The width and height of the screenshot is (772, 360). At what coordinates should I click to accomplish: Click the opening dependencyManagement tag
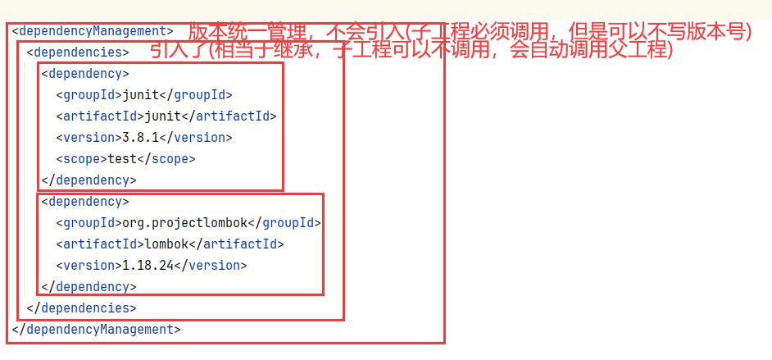coord(93,31)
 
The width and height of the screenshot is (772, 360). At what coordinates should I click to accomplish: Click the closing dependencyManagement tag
coord(96,330)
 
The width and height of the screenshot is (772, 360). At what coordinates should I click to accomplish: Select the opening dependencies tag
coord(78,52)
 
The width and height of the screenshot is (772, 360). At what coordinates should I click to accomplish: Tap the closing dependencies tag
coord(81,308)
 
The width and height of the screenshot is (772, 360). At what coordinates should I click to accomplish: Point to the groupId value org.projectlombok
coord(184,223)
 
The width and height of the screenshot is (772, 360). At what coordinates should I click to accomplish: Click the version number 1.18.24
coord(148,266)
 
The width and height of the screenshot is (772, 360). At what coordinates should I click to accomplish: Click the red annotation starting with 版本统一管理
coord(470,31)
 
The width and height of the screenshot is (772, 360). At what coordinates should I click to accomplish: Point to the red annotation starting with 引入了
coord(411,51)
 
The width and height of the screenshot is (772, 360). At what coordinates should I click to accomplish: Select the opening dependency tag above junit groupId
coord(85,74)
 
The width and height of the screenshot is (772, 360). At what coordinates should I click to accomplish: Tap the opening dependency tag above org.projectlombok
coord(85,202)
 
